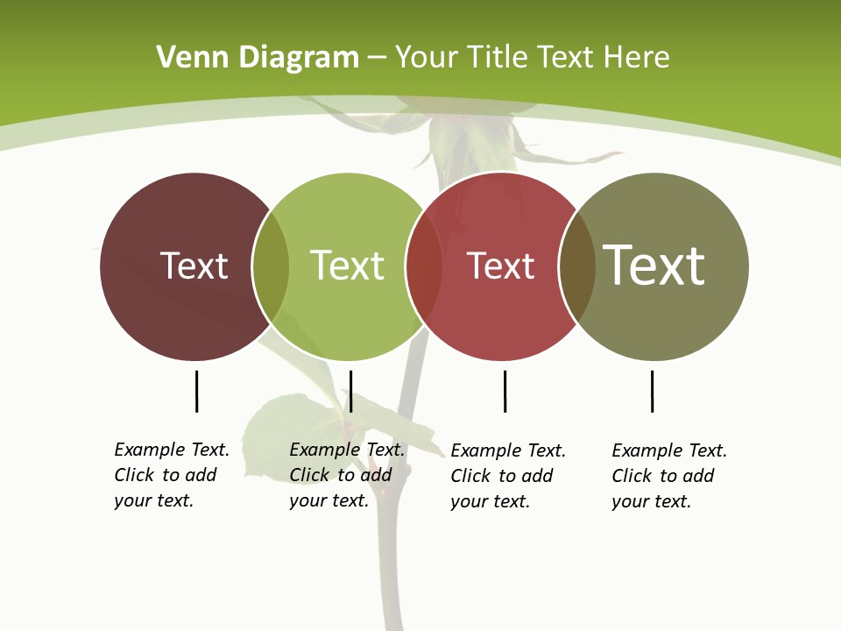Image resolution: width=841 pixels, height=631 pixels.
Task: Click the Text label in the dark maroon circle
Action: pos(194,266)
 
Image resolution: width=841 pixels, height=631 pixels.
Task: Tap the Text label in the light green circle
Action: pos(347,266)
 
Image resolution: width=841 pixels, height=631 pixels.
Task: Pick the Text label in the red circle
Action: pos(500,266)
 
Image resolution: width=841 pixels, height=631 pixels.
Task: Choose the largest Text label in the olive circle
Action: pos(654,266)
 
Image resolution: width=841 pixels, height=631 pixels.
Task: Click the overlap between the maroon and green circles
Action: pos(271,266)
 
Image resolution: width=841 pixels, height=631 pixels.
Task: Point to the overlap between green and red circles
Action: pos(424,266)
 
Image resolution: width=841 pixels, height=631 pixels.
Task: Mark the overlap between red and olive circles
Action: pos(577,266)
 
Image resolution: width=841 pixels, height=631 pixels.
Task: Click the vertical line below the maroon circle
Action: pos(197,391)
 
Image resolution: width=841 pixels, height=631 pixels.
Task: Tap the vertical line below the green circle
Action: pos(350,391)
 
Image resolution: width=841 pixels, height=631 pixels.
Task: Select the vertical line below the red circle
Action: pos(505,391)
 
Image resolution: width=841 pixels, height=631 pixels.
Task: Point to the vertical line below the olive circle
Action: pos(652,391)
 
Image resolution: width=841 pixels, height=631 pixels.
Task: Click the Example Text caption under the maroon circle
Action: pos(172,475)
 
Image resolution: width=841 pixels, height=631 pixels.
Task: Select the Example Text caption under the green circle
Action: pos(347,475)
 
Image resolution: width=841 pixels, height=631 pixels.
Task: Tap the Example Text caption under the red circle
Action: pos(508,476)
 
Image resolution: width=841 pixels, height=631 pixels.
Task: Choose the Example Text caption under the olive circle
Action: pos(669,476)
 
